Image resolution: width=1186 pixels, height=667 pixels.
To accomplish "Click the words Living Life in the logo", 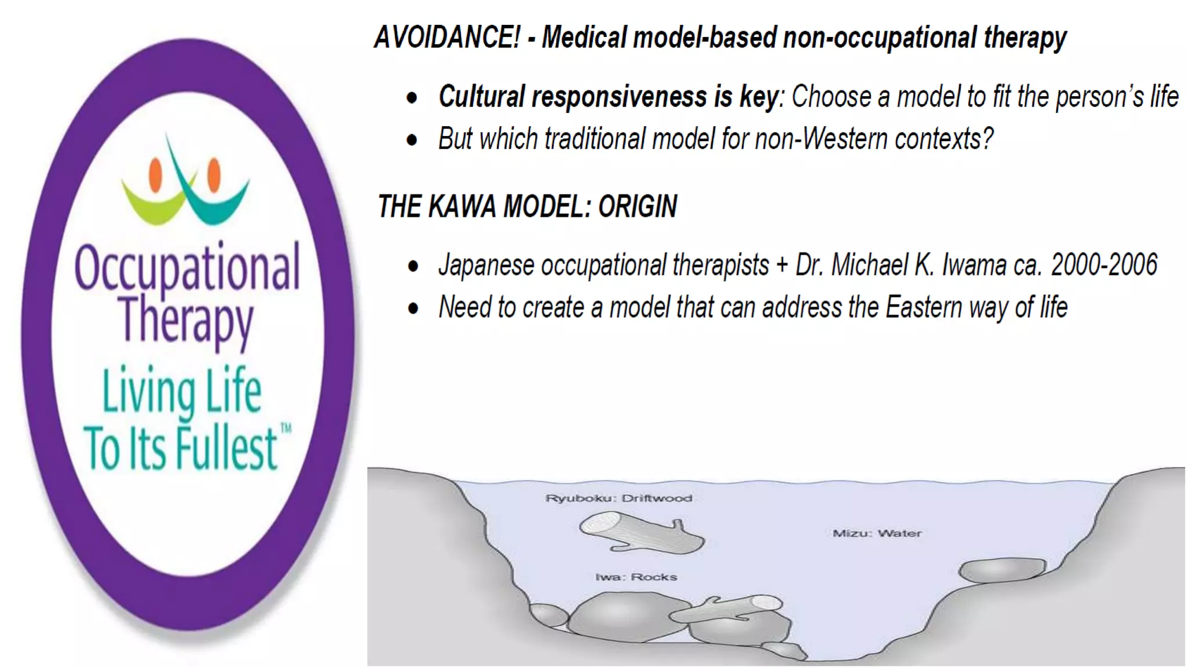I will [x=182, y=391].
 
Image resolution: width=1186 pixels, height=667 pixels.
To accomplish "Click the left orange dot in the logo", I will [x=155, y=175].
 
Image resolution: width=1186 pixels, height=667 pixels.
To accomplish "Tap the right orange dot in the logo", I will [x=214, y=174].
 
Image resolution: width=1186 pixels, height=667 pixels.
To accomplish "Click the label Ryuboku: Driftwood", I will [x=618, y=499].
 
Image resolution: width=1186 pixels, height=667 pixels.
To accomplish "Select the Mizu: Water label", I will [x=877, y=533].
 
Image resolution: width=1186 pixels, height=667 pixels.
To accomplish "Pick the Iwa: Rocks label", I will [x=636, y=577].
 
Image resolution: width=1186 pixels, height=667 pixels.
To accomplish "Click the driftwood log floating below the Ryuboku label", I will [x=640, y=534].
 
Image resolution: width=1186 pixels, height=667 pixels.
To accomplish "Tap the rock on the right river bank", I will [x=1002, y=570].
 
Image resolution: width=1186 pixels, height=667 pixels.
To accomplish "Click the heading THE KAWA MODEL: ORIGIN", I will [x=527, y=207].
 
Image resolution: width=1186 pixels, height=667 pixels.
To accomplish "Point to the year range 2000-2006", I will [x=1104, y=265].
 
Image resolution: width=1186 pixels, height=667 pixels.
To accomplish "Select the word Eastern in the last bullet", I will [x=923, y=307].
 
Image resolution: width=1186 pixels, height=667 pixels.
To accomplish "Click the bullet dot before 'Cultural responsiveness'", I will [x=412, y=98].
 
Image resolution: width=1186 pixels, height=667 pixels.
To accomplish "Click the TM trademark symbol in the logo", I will [x=285, y=429].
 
